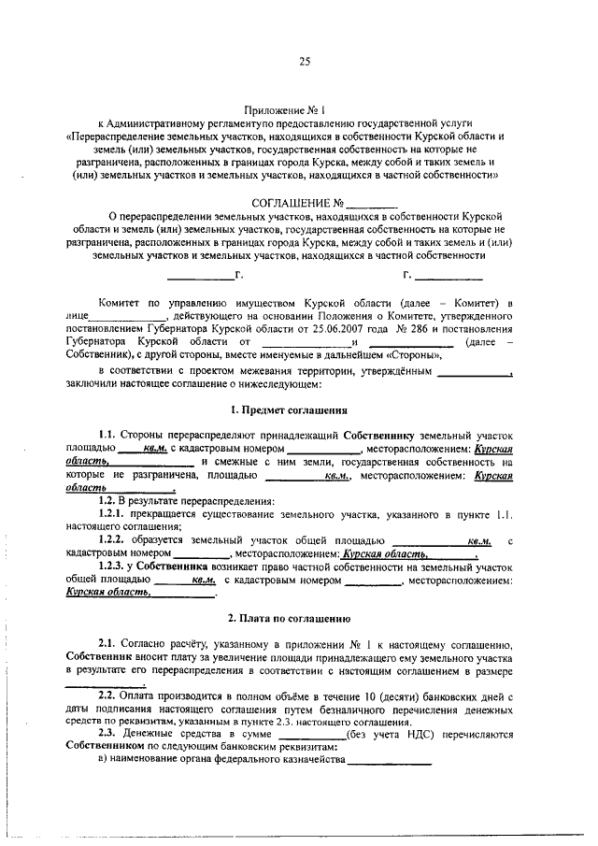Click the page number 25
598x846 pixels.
[x=304, y=63]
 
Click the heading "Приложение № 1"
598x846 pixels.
[x=300, y=109]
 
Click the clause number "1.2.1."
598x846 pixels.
[x=117, y=515]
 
